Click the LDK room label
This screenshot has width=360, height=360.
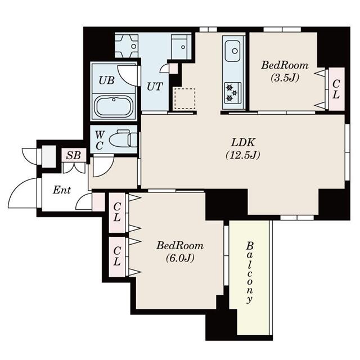243,143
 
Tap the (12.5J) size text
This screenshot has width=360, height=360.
243,155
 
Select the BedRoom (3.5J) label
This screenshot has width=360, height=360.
285,71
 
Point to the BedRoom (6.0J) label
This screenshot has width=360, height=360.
180,252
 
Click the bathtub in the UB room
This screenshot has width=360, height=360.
114,106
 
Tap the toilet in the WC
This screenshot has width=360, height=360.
123,139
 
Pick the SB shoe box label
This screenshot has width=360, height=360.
74,155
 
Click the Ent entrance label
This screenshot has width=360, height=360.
62,190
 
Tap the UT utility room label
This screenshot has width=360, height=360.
155,87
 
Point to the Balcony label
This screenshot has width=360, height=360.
250,273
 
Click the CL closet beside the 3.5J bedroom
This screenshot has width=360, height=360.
336,89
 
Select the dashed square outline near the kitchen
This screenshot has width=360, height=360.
185,99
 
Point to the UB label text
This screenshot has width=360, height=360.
106,80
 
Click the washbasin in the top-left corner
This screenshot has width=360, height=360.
127,46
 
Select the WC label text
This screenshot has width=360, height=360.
100,140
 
